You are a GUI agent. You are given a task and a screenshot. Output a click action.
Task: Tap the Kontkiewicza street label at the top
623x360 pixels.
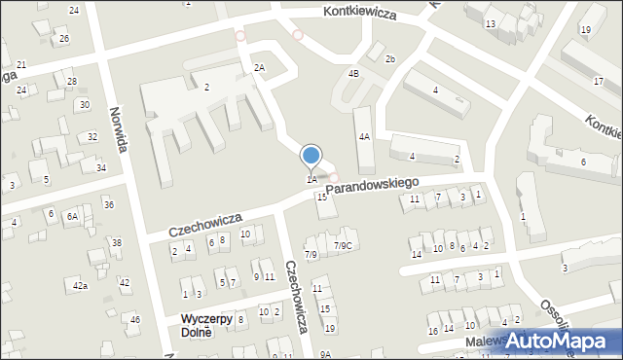coord(361,13)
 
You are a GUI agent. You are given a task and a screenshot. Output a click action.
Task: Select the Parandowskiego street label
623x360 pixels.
coord(374,183)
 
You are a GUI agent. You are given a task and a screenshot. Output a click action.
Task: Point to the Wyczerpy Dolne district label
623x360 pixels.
coord(206,325)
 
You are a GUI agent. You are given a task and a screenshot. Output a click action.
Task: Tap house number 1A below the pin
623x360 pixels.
coord(311,179)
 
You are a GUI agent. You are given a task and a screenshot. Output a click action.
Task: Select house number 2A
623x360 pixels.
coord(259,67)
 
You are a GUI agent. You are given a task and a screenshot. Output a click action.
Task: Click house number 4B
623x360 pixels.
coord(353,73)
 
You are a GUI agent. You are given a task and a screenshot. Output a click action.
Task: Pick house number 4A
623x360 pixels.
coord(364,137)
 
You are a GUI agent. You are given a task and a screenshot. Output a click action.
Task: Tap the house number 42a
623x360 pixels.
coord(80,285)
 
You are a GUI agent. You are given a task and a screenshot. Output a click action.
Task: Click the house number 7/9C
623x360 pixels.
coord(343,245)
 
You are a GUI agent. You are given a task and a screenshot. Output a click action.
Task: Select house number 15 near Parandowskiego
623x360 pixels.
coord(322,198)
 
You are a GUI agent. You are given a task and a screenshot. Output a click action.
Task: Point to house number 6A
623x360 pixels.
coord(72,216)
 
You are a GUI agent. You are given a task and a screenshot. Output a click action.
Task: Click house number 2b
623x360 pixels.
coord(389,59)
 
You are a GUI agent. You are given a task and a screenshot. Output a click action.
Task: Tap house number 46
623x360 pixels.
coord(135,319)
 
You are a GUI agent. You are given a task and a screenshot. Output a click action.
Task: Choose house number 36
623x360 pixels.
coord(109,204)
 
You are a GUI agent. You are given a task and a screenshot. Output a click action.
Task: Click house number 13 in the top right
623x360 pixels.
coord(490,22)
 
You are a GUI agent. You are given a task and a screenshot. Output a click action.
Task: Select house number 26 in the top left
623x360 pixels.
coord(63,39)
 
